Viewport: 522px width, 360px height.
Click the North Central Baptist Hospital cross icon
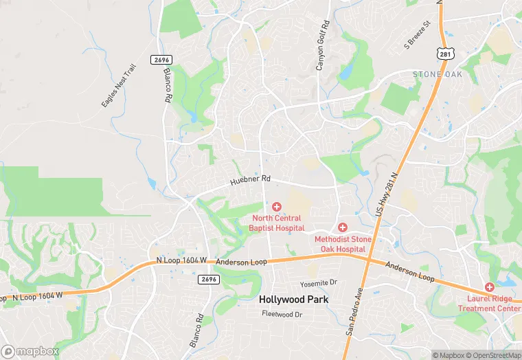pyautogui.click(x=277, y=207)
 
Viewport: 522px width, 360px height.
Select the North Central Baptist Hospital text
pyautogui.click(x=276, y=223)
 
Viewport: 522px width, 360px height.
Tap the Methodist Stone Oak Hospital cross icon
pyautogui.click(x=343, y=227)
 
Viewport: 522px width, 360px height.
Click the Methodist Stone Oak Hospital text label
pyautogui.click(x=343, y=244)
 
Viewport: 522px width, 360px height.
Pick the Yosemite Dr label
pyautogui.click(x=319, y=283)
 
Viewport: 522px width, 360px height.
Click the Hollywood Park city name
pyautogui.click(x=293, y=300)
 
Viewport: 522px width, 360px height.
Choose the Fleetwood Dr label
pyautogui.click(x=282, y=314)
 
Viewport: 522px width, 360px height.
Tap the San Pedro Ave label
pyautogui.click(x=352, y=313)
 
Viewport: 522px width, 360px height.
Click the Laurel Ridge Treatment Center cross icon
pyautogui.click(x=490, y=286)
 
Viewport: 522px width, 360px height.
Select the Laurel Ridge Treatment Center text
pyautogui.click(x=489, y=304)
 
